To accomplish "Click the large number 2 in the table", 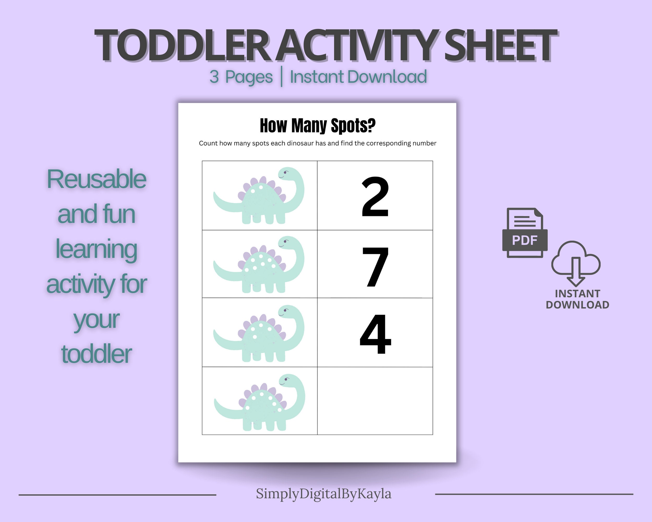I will (375, 197).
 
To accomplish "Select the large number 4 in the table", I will (375, 334).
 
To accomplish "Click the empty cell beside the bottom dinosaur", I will (375, 401).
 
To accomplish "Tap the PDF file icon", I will (525, 233).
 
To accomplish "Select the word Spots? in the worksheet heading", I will (353, 126).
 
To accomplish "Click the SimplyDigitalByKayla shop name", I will (324, 494).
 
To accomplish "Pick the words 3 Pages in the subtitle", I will (241, 77).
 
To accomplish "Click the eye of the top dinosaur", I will (285, 173).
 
